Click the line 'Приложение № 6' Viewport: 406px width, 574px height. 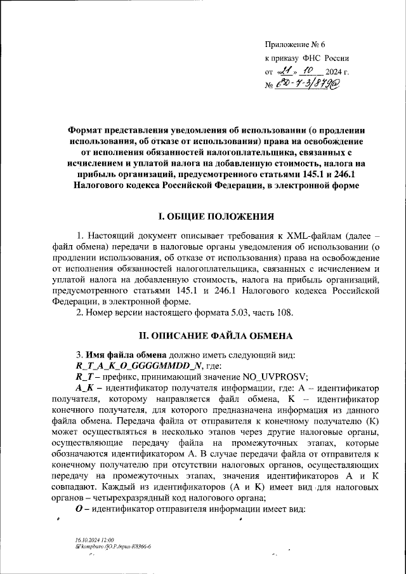point(294,44)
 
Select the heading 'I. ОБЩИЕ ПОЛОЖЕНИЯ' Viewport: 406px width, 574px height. point(203,217)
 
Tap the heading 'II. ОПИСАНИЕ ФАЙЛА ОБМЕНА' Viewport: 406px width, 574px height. point(203,334)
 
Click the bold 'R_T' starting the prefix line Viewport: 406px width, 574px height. point(83,377)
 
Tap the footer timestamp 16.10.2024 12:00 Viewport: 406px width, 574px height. point(91,540)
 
